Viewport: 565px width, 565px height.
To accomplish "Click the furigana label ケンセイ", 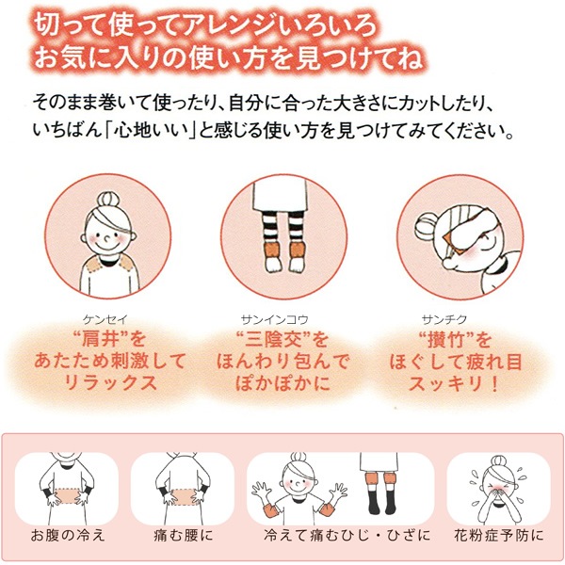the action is coord(105,319).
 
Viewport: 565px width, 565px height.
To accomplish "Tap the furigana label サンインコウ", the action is coord(275,319).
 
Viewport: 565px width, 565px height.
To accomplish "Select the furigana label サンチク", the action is coord(444,319).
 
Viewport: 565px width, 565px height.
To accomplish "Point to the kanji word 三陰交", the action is coord(276,339).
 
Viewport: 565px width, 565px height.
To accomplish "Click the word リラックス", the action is coord(110,382).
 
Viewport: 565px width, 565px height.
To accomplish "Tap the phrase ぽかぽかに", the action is coord(283,382).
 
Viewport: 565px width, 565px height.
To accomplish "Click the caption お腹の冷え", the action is coord(68,536).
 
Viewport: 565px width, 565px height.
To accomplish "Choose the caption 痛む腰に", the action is coord(184,536).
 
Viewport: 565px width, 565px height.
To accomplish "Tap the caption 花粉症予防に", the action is coord(499,536).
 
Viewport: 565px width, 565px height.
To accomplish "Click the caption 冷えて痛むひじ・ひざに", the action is coord(347,536).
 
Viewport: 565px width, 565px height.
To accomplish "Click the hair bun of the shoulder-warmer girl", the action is coord(108,201).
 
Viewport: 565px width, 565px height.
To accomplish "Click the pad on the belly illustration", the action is coord(67,496).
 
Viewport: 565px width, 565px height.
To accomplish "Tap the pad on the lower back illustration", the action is coord(183,496).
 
